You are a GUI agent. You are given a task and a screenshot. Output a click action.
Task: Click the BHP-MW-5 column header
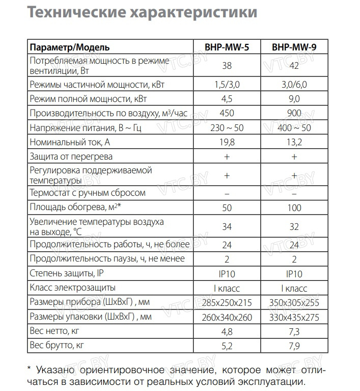pos(227,47)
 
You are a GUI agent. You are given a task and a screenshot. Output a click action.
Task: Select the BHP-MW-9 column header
pos(294,47)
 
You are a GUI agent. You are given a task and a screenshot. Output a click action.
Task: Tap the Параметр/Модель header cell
pos(70,47)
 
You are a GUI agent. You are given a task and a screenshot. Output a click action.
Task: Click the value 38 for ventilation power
pos(227,65)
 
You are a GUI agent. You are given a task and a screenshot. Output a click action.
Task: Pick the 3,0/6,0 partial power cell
pos(294,84)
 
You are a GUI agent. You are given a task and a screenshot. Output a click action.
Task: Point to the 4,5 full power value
pos(227,98)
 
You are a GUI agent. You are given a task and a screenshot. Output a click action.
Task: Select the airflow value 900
pos(294,113)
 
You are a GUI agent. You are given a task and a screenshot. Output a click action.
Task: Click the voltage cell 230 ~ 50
pos(227,127)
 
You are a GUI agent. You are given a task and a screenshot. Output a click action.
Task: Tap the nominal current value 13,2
pos(294,142)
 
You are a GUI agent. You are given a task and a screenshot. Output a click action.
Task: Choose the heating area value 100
pos(294,207)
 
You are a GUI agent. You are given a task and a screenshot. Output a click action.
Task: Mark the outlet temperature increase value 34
pos(227,226)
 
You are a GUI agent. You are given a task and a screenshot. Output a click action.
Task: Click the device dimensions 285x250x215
pos(227,303)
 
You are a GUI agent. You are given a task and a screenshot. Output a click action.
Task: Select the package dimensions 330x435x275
pos(294,318)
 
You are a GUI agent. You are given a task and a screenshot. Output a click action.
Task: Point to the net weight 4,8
pos(227,332)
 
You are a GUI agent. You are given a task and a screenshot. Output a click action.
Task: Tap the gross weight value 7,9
pos(294,347)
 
